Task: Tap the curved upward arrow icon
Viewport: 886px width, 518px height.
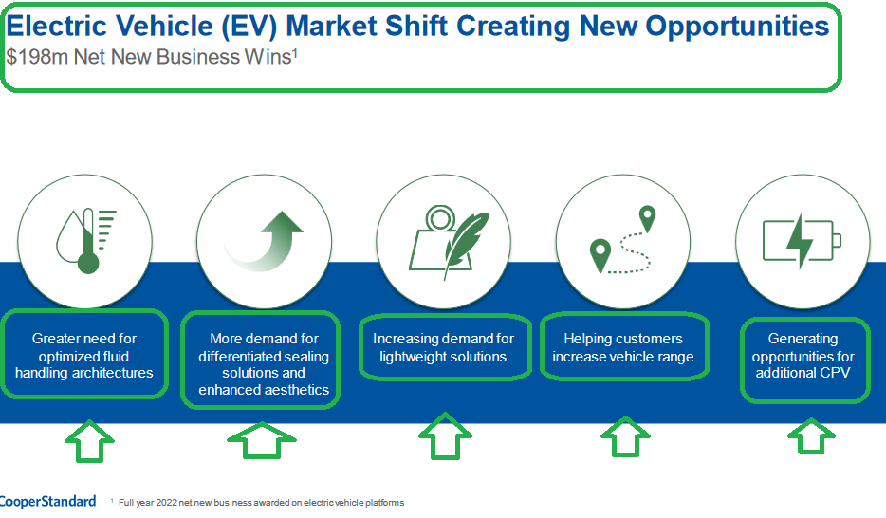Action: [x=266, y=241]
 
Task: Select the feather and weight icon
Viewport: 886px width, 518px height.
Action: [x=446, y=241]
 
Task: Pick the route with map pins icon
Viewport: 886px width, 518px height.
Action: [x=624, y=241]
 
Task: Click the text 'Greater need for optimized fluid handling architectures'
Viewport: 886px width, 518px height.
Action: [x=84, y=356]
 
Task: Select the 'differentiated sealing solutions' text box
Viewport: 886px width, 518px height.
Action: [x=263, y=363]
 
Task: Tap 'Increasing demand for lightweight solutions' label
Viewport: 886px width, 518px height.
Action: [x=443, y=347]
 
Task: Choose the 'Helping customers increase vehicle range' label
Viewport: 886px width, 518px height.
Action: [x=623, y=347]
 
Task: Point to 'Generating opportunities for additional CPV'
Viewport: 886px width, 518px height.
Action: [x=803, y=356]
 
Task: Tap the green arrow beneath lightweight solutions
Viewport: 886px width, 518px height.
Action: [x=445, y=439]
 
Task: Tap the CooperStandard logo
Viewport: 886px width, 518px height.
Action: [x=47, y=501]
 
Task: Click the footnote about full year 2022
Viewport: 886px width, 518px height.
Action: [x=261, y=503]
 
